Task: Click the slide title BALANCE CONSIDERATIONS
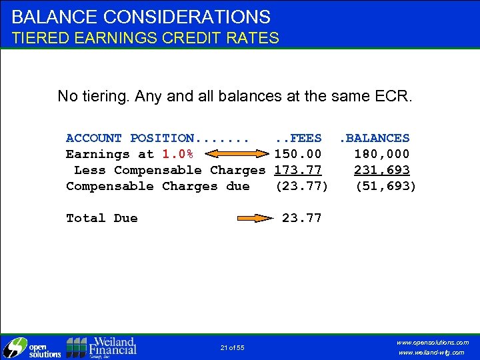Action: tap(141, 17)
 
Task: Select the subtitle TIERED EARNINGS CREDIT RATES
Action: tap(145, 38)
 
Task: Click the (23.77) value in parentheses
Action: tap(301, 186)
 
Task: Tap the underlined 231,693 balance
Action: tap(381, 170)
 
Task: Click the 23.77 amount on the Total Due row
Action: tap(301, 218)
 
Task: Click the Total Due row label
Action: tap(101, 218)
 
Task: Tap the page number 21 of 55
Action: tap(232, 347)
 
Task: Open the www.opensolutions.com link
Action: tap(433, 342)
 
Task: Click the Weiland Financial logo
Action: tap(101, 347)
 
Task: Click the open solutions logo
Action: tap(32, 347)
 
